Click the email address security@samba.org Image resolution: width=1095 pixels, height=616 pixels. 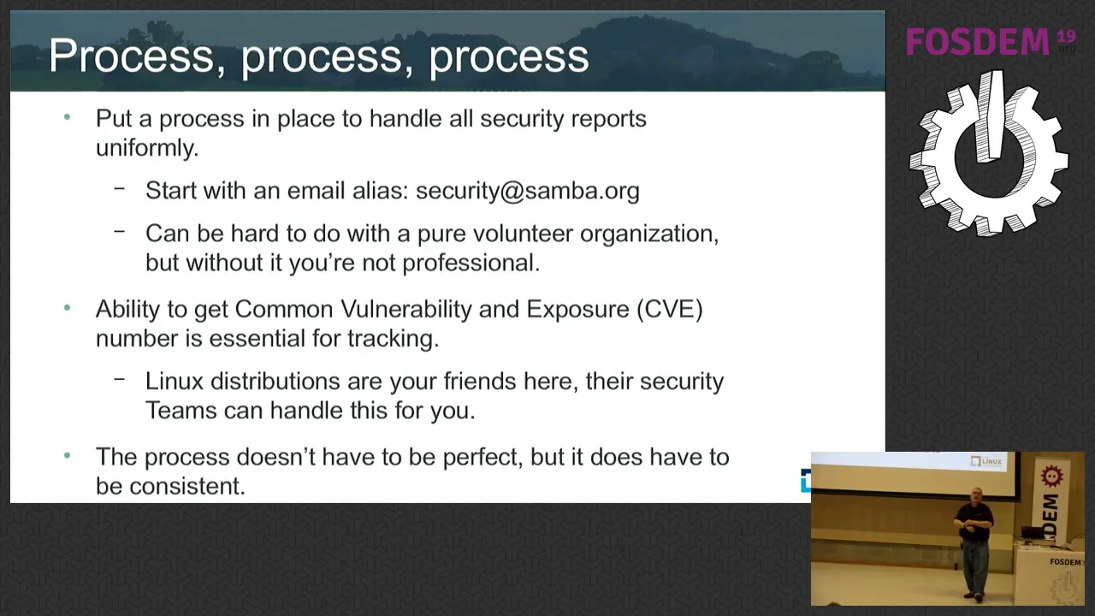point(528,191)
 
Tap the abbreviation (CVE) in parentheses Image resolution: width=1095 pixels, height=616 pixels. point(670,310)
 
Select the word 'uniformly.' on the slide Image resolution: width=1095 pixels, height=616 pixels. point(147,148)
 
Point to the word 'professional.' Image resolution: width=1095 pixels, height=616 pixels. point(471,264)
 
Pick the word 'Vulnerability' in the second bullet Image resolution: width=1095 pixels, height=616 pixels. point(405,310)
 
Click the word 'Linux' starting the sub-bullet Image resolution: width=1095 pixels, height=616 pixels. point(174,382)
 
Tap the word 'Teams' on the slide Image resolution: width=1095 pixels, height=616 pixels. point(181,411)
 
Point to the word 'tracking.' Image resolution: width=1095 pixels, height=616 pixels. point(393,339)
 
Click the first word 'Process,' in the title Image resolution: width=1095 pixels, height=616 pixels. point(137,56)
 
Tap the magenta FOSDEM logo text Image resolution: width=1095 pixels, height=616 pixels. point(978,42)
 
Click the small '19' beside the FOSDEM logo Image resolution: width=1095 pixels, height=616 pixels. point(1067,36)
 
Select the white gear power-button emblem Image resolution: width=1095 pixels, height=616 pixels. point(988,155)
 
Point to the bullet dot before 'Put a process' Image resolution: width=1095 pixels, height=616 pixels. point(68,117)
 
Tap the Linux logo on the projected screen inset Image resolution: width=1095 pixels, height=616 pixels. point(986,461)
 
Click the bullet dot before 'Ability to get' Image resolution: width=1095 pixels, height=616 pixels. point(68,307)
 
